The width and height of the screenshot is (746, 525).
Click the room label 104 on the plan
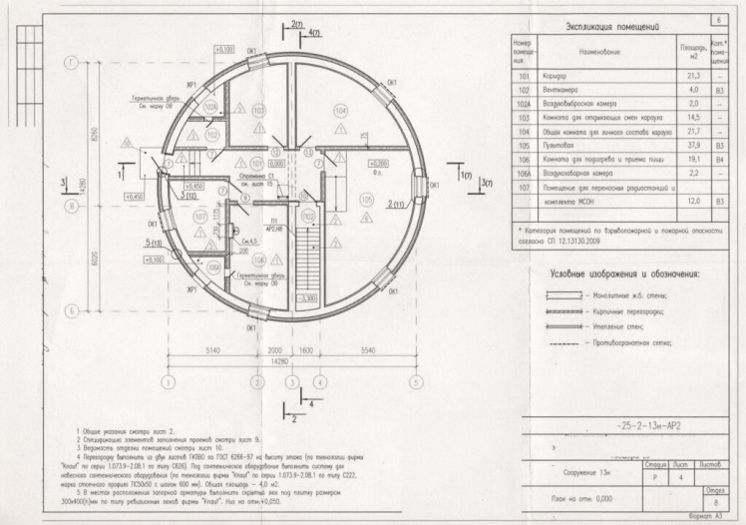(342, 110)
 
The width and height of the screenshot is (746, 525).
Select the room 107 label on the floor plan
(199, 215)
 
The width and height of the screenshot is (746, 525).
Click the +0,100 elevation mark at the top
(223, 48)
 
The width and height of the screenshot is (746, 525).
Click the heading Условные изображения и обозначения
(624, 272)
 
